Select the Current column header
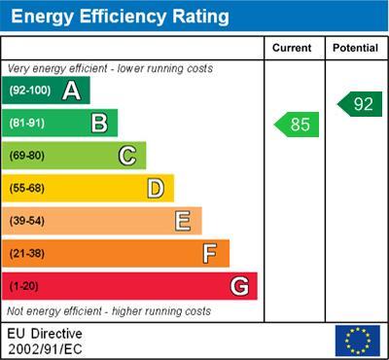coord(292,48)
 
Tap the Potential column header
coord(355,48)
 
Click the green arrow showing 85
coord(297,125)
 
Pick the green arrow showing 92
coord(360,104)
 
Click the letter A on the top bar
coord(71,90)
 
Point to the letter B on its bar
coord(99,123)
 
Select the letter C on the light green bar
coord(127,156)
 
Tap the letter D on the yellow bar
coord(156,188)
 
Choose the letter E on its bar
coord(183,221)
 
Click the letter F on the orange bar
coord(210,253)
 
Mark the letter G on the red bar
coord(239,286)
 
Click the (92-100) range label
coord(28,90)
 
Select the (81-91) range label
coord(27,123)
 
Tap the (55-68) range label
coord(27,188)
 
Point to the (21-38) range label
coord(27,253)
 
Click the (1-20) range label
coord(24,286)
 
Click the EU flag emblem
coord(357,341)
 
